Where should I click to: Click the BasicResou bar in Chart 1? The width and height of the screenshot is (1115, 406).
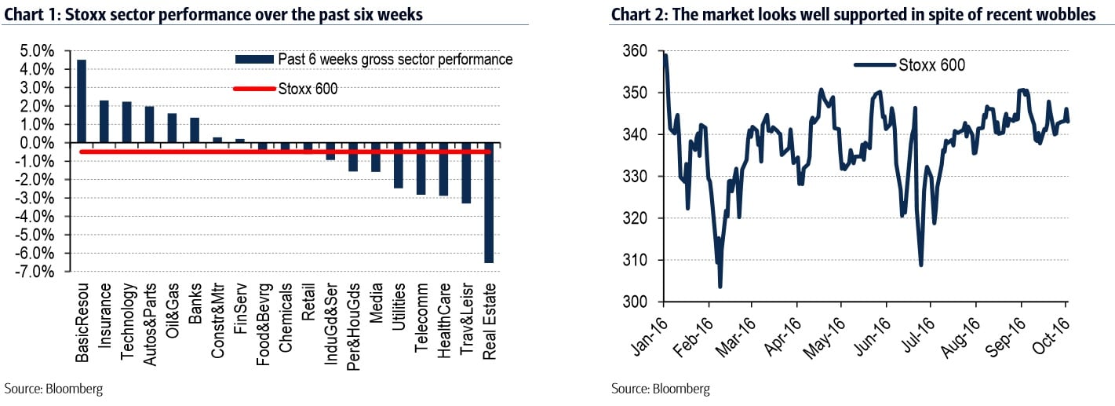(82, 101)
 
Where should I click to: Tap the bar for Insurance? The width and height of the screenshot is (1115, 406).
(104, 122)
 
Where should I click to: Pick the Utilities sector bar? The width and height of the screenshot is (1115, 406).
(399, 166)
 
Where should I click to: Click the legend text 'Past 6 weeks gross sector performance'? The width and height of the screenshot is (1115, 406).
(395, 60)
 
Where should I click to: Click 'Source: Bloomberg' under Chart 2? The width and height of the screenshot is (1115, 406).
(660, 389)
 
